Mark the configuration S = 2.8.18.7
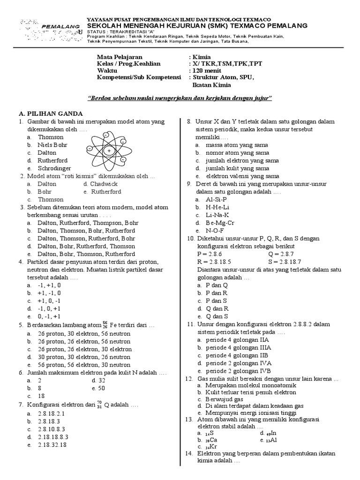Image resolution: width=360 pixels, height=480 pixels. pos(289,262)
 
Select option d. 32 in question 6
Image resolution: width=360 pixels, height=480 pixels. pos(98,381)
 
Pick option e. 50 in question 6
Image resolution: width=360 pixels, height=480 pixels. pos(98,388)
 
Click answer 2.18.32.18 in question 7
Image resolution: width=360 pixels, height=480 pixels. pos(52,445)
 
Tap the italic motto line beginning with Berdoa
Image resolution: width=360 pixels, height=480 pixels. pos(180,98)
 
